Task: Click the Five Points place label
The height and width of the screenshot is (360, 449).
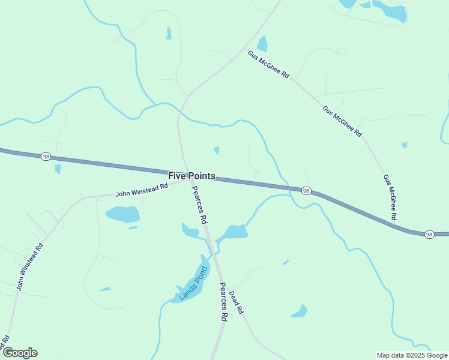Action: pyautogui.click(x=191, y=176)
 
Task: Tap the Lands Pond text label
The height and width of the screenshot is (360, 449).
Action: pyautogui.click(x=193, y=283)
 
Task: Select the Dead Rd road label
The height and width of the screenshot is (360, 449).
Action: pyautogui.click(x=236, y=302)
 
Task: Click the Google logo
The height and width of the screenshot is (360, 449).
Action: pyautogui.click(x=19, y=353)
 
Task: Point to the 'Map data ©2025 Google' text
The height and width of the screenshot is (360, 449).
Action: pyautogui.click(x=412, y=355)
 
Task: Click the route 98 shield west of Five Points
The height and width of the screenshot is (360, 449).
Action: pyautogui.click(x=46, y=157)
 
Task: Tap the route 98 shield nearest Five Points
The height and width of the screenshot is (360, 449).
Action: pyautogui.click(x=306, y=191)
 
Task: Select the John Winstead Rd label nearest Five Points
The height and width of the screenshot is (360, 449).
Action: pyautogui.click(x=142, y=190)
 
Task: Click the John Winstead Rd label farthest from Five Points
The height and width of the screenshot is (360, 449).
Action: pyautogui.click(x=30, y=267)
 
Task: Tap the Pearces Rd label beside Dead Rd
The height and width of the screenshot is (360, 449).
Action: pyautogui.click(x=223, y=302)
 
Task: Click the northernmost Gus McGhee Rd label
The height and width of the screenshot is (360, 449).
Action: pyautogui.click(x=268, y=65)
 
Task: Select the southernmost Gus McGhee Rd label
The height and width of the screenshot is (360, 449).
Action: pyautogui.click(x=390, y=197)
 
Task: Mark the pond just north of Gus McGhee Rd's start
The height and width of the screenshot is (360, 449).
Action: pyautogui.click(x=262, y=44)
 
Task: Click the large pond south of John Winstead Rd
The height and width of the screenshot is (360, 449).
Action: pyautogui.click(x=123, y=214)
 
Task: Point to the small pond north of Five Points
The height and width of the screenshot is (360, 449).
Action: pyautogui.click(x=216, y=150)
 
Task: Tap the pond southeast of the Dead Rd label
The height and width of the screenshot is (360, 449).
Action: pyautogui.click(x=300, y=311)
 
